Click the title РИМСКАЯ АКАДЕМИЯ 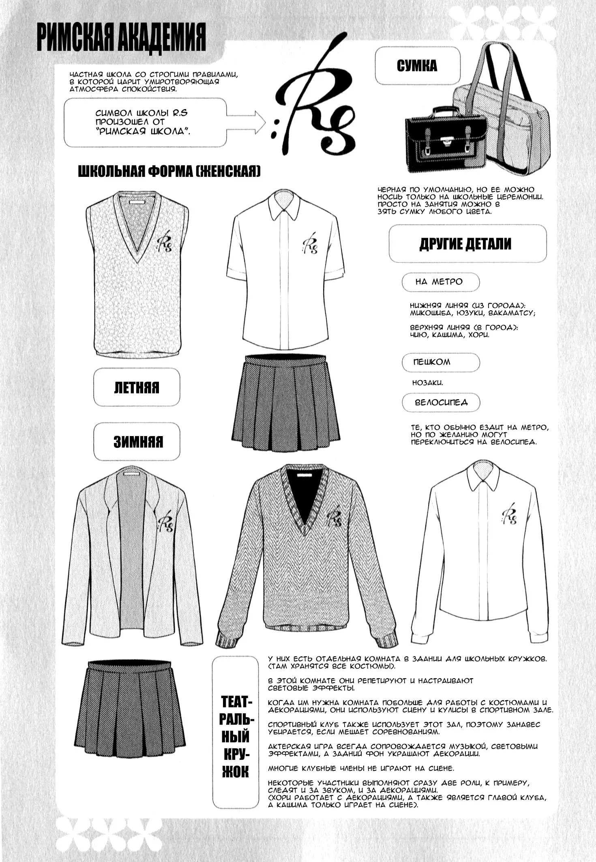point(121,37)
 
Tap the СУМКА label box point(417,66)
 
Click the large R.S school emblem point(312,105)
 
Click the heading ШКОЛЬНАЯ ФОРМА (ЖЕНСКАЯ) point(169,172)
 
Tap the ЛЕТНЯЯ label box point(137,387)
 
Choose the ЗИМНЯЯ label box point(138,442)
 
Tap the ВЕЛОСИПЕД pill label point(441,402)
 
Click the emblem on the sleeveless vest point(164,242)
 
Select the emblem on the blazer point(165,524)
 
